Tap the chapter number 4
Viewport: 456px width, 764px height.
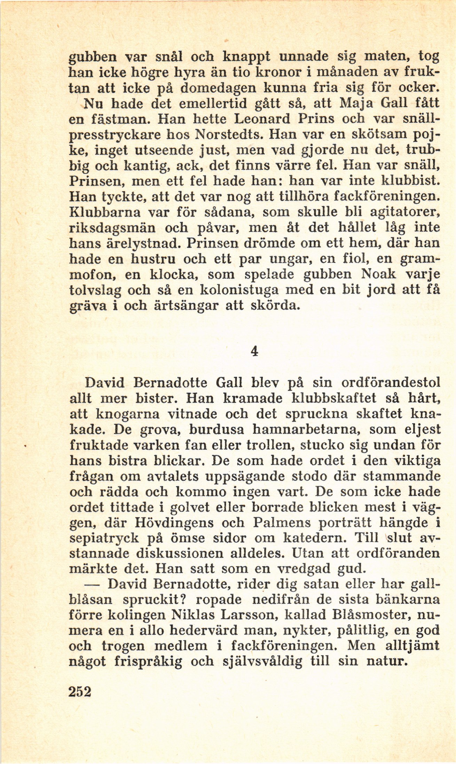coord(254,352)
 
